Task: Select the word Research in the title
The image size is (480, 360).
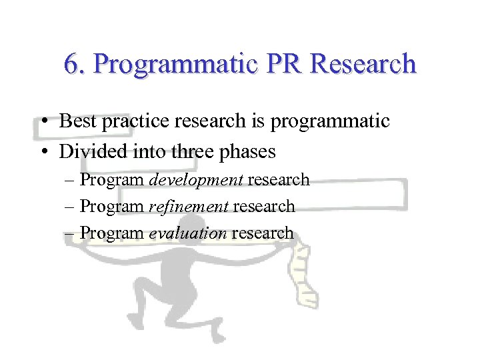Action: [x=364, y=64]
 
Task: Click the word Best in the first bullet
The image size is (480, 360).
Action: [x=75, y=121]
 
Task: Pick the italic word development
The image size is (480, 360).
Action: [x=196, y=180]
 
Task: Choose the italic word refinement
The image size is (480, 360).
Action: [x=189, y=207]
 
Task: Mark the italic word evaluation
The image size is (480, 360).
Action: [x=188, y=233]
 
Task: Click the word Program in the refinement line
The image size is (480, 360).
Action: [x=112, y=207]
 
